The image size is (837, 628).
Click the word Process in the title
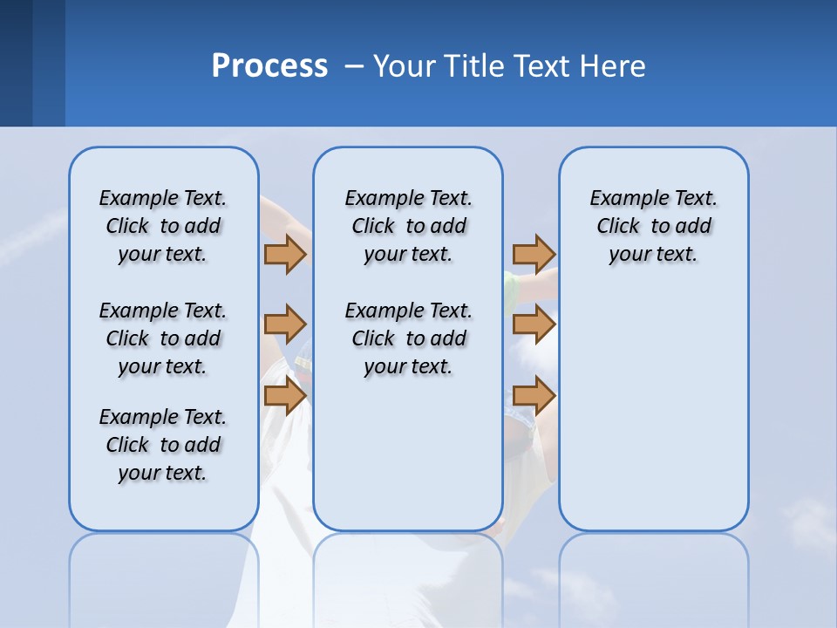coord(269,66)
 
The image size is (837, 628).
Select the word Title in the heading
coord(476,66)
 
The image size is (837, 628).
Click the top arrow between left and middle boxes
coord(285,254)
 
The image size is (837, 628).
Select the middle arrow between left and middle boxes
coord(285,324)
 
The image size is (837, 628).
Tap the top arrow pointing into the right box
coord(534,254)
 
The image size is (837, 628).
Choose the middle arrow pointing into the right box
coord(534,324)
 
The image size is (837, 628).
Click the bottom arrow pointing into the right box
coord(534,395)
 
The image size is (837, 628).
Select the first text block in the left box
coord(163,226)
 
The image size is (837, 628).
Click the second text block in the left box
coord(163,338)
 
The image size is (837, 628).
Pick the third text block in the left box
coord(163,445)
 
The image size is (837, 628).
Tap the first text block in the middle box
coord(408,226)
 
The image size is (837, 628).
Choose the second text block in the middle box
coord(408,338)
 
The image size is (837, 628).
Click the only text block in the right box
coord(653,226)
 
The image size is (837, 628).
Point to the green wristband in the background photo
coord(508,288)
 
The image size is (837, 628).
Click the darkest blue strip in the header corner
coord(16,63)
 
